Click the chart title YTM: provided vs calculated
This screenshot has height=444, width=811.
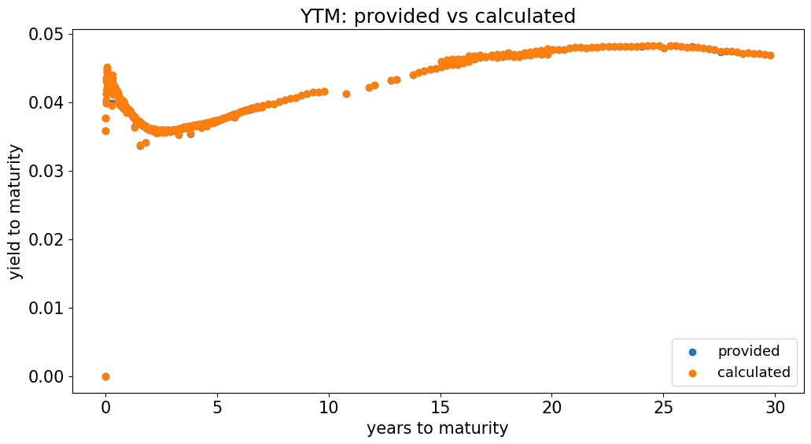[x=437, y=16]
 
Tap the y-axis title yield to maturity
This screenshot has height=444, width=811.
[x=17, y=212]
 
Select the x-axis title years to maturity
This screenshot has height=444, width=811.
[x=437, y=428]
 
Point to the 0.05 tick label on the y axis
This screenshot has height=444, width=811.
[x=46, y=34]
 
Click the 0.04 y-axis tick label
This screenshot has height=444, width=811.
[x=46, y=102]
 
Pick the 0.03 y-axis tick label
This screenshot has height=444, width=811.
[x=46, y=171]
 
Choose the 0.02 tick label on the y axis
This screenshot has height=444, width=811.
[x=46, y=239]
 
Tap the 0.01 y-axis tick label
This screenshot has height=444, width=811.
[x=46, y=308]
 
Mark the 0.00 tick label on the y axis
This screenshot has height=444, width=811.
[x=46, y=376]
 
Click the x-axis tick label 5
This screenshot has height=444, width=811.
[x=217, y=406]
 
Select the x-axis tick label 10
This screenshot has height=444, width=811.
[x=329, y=406]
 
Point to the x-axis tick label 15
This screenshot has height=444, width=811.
[x=441, y=406]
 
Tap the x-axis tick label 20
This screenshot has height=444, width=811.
[x=552, y=406]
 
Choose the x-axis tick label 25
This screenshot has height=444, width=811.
[x=664, y=406]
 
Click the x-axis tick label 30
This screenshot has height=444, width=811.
[x=776, y=406]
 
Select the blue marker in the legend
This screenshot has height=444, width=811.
[x=692, y=352]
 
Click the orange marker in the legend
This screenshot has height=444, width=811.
[x=692, y=372]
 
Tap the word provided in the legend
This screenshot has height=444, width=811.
[x=748, y=351]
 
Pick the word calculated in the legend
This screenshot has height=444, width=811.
[x=754, y=372]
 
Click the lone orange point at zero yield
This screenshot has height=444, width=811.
[x=105, y=376]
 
